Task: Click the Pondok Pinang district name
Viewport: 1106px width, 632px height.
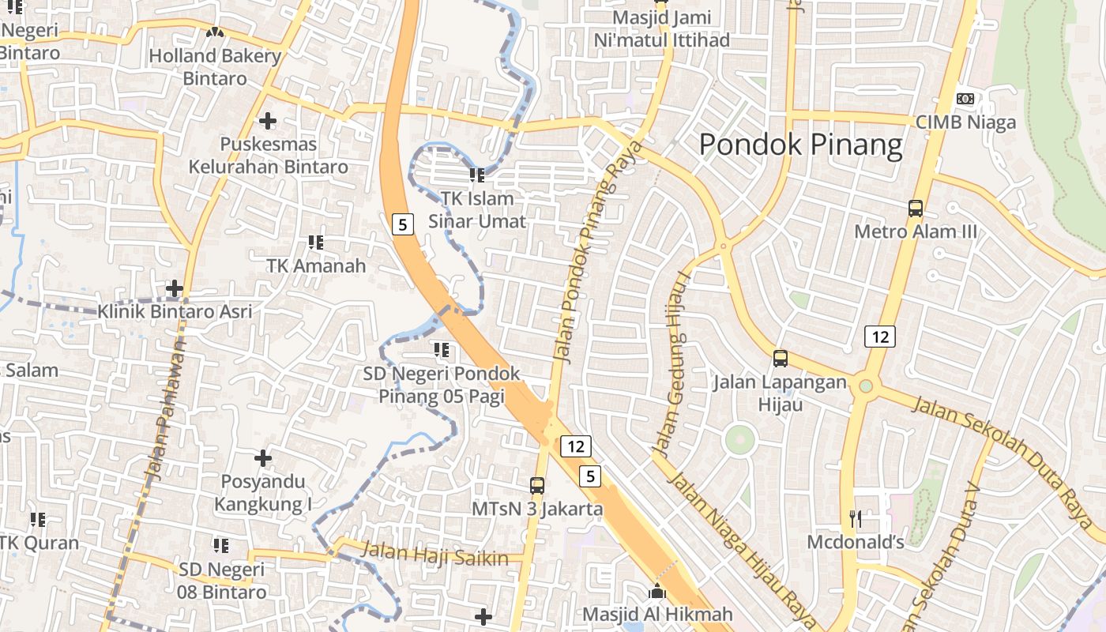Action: [x=800, y=145]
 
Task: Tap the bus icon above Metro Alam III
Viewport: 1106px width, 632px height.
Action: [x=916, y=209]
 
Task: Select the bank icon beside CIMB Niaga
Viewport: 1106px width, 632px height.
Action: [x=965, y=99]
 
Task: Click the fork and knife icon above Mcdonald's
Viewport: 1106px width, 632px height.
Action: [x=855, y=518]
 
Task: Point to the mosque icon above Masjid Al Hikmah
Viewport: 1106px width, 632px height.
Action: [x=657, y=591]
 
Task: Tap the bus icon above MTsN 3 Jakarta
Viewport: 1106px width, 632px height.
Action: [x=537, y=485]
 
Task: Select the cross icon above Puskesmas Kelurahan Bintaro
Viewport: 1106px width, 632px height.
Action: [x=268, y=121]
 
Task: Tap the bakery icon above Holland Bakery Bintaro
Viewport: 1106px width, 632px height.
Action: [x=215, y=32]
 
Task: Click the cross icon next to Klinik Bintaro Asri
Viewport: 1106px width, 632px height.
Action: [x=175, y=288]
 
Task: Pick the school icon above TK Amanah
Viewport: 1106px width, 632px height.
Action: [x=316, y=242]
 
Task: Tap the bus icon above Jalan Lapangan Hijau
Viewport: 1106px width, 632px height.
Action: [x=781, y=359]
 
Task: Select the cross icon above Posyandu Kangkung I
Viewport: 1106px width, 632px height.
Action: [x=263, y=458]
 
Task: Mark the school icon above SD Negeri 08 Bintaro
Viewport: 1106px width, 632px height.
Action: [x=221, y=545]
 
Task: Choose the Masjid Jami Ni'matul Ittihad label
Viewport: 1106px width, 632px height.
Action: [x=661, y=28]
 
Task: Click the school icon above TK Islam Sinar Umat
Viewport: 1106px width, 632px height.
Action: [x=476, y=175]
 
